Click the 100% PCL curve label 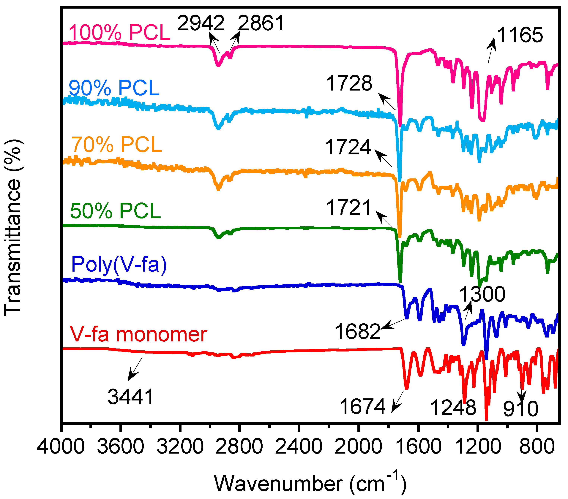point(119,33)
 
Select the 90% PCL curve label point(114,88)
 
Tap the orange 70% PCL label point(117,145)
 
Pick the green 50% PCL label point(116,211)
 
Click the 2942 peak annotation point(201,23)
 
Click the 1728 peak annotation point(349,83)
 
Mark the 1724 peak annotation point(348,147)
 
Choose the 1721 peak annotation point(349,207)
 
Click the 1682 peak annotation point(357,331)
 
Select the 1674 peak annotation point(362,406)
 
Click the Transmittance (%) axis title point(13,228)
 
